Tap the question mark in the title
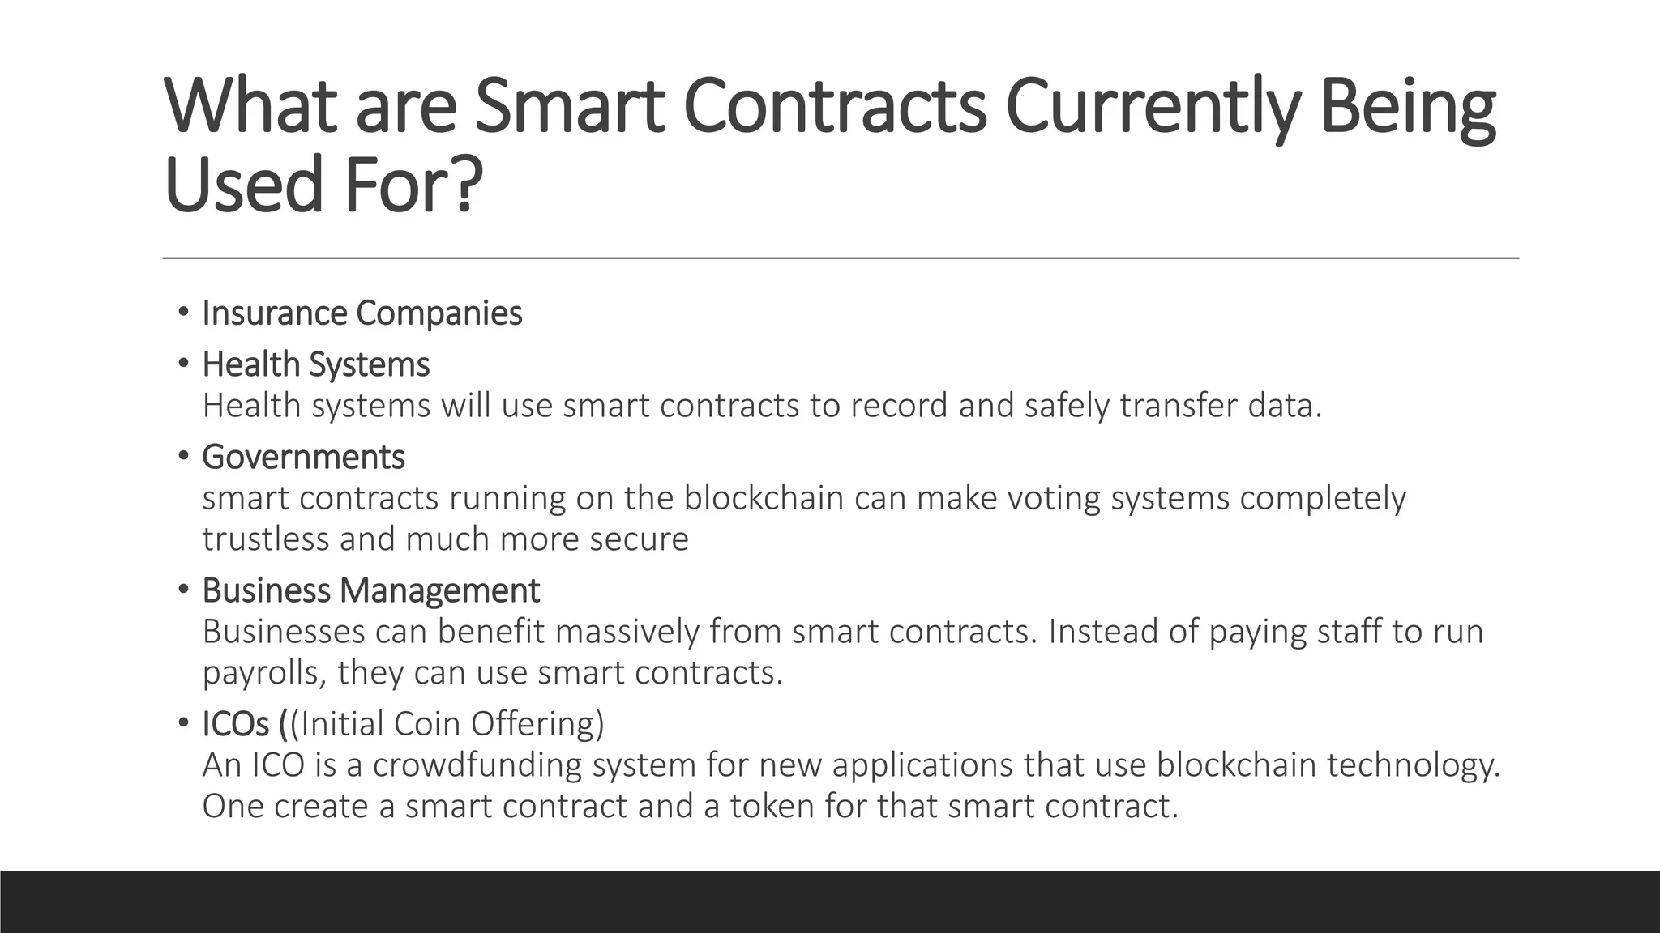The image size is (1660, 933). [x=464, y=185]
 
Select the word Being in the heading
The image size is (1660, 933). [x=1407, y=107]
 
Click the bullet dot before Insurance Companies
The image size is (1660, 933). [x=183, y=312]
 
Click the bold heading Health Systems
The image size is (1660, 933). [x=316, y=364]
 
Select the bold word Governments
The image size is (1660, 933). [x=303, y=457]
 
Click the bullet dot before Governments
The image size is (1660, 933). [x=183, y=455]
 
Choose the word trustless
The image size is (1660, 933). [x=265, y=539]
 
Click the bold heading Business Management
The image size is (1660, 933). [x=370, y=590]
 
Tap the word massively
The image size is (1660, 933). [x=627, y=632]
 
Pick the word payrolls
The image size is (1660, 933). [x=264, y=673]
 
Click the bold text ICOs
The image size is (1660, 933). [x=236, y=724]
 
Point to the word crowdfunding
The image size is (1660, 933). [x=477, y=765]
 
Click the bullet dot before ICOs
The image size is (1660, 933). [x=183, y=722]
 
